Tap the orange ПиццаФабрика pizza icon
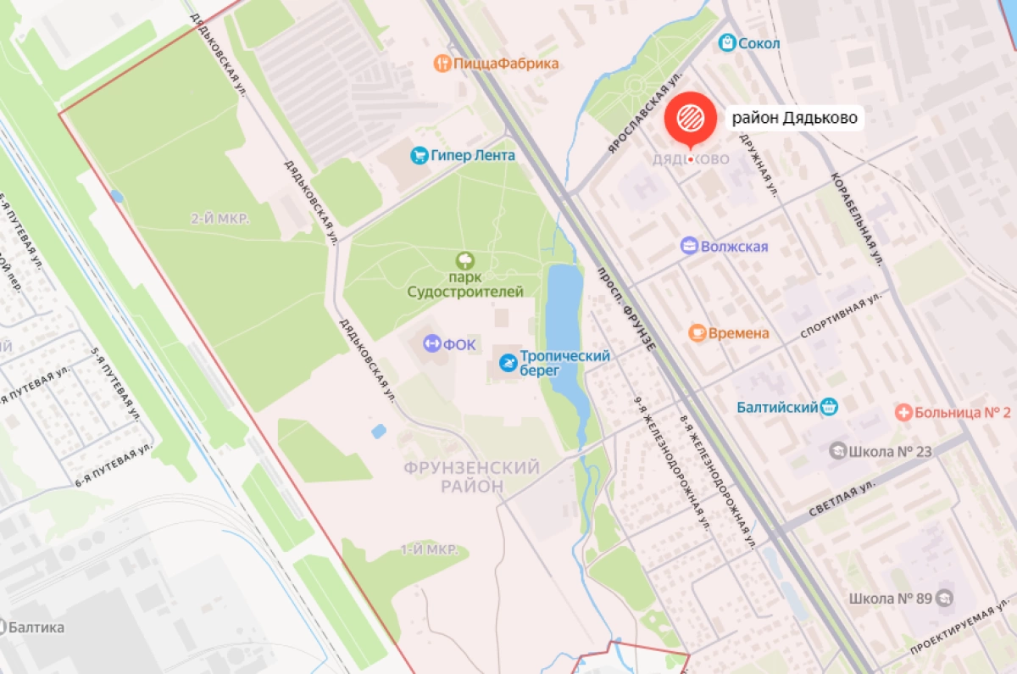441,64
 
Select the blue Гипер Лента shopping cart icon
419,156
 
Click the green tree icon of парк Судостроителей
464,261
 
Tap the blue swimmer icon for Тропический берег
507,364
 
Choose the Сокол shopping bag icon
726,42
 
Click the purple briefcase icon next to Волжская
690,247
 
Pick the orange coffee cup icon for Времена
697,333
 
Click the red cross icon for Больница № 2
904,413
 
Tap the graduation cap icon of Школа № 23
838,452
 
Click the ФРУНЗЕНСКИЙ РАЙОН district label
472,477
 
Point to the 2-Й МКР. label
220,219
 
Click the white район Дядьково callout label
796,118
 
